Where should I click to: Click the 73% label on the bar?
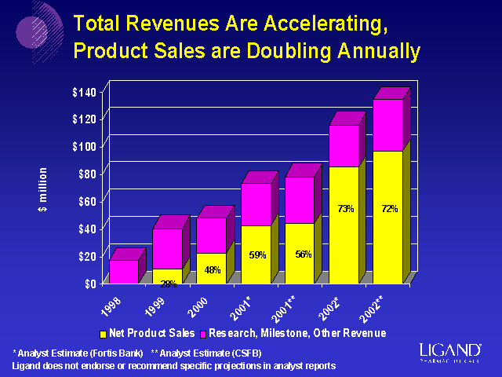[345, 209]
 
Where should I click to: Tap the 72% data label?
[390, 209]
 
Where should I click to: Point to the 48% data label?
[212, 270]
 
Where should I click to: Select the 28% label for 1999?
[169, 284]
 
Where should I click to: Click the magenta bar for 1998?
[124, 271]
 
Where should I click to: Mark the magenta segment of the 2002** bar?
[387, 125]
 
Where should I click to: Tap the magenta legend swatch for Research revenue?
[203, 335]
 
